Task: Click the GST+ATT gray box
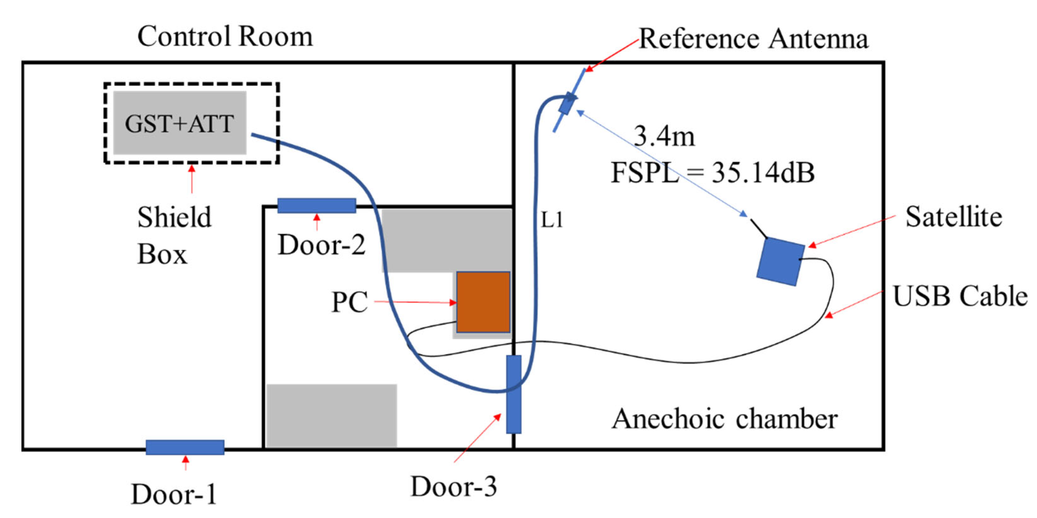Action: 180,123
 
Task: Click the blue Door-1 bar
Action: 185,447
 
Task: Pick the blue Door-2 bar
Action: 316,205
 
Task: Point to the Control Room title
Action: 225,37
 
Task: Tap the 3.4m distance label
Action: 664,136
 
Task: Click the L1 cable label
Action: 552,220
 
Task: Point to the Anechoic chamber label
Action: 725,419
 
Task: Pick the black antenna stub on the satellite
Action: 758,228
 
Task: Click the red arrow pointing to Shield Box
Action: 192,179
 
